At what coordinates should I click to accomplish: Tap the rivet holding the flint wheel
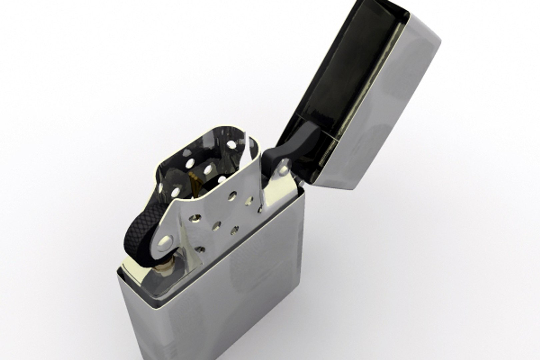pyautogui.click(x=166, y=240)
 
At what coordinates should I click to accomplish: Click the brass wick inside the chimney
pyautogui.click(x=195, y=182)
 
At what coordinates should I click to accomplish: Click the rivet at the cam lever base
pyautogui.click(x=284, y=170)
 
